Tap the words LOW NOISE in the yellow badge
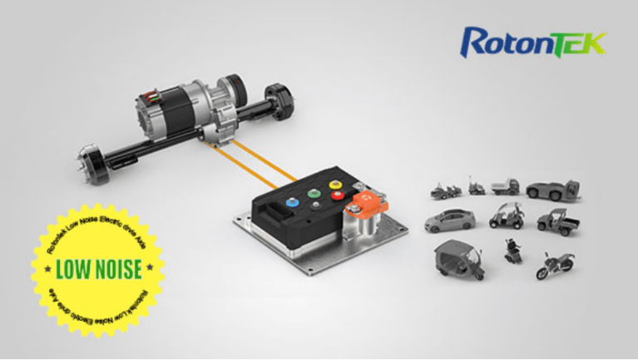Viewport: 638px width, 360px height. tap(98, 268)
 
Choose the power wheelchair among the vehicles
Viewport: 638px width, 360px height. tap(510, 250)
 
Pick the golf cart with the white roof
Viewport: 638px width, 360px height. tap(507, 217)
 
